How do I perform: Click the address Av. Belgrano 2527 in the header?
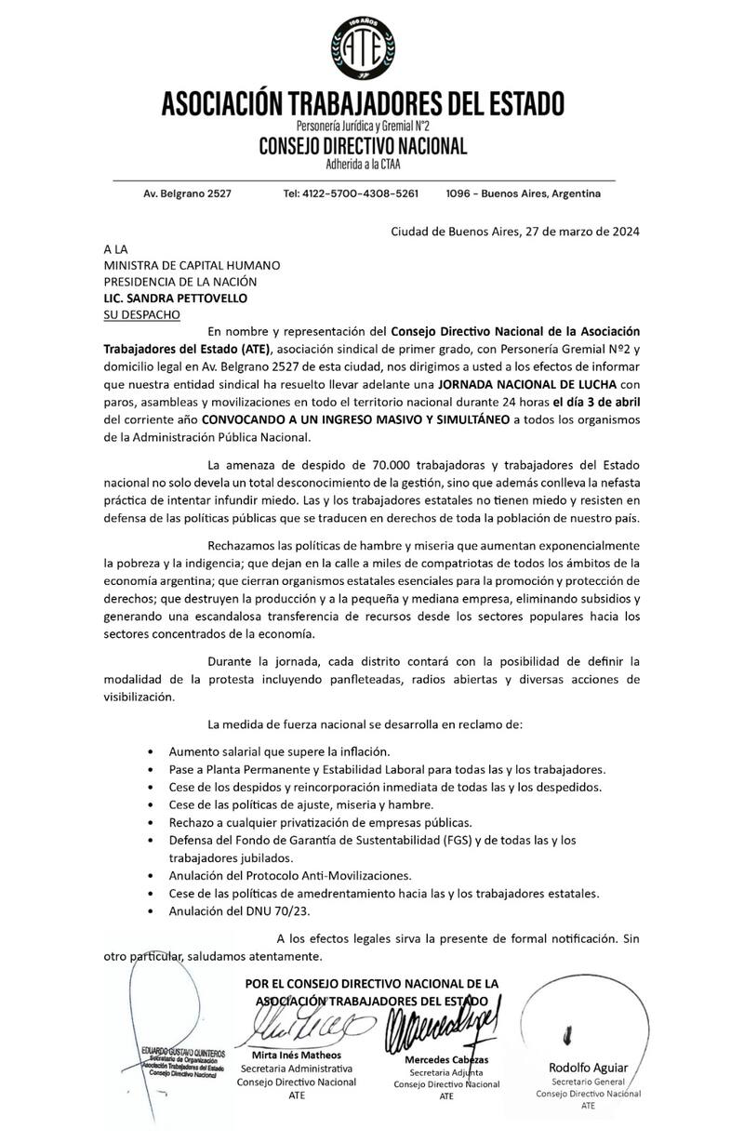[187, 194]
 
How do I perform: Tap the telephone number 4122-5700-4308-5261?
[351, 194]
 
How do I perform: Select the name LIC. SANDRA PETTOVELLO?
[178, 298]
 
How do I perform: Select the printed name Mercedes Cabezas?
[447, 1061]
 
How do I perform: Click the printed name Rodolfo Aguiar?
[588, 1068]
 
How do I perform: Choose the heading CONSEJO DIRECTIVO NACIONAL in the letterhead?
[363, 147]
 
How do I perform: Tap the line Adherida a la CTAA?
[363, 165]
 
